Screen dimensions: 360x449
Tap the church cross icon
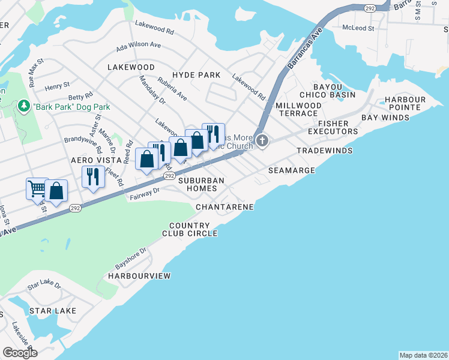(262, 142)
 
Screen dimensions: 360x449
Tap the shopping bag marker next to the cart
(56, 191)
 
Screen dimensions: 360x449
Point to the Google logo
(20, 353)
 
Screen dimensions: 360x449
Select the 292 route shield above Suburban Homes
(169, 176)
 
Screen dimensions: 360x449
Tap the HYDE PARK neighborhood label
(196, 75)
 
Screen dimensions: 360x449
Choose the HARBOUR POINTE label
(405, 103)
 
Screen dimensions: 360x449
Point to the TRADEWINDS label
(324, 150)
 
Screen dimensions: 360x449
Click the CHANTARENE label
(224, 207)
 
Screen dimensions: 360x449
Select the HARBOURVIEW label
(139, 276)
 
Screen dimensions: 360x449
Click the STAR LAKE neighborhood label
(53, 311)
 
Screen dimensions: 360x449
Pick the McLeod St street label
(358, 28)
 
